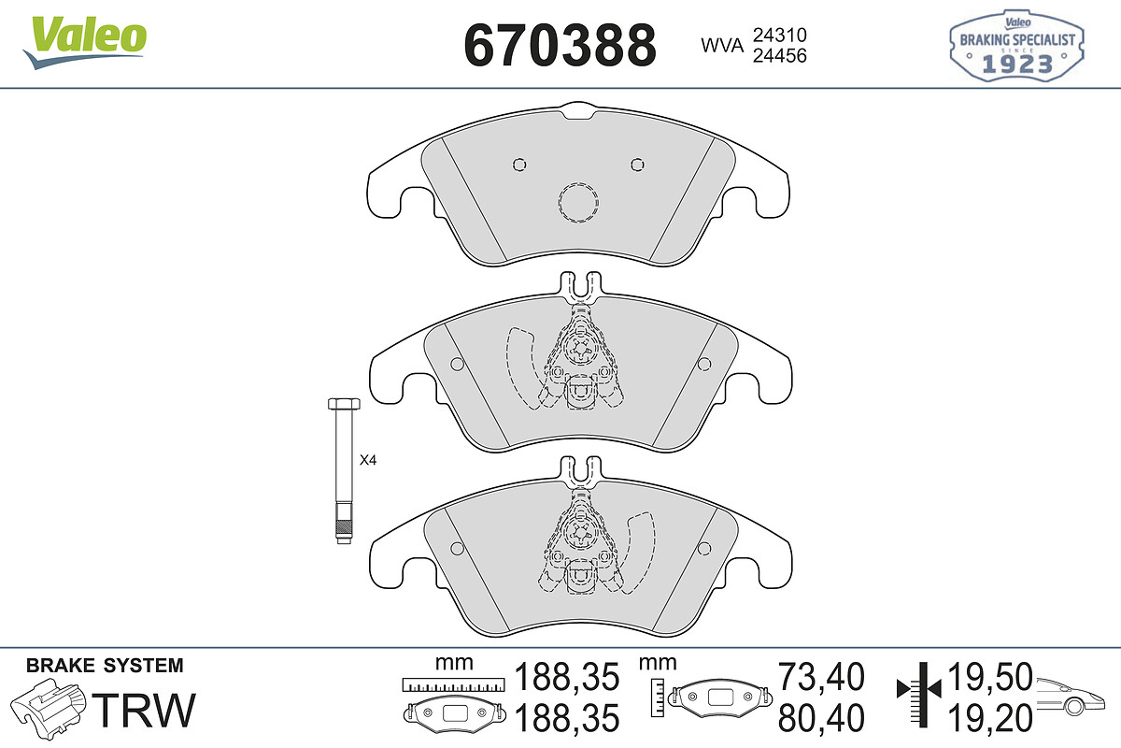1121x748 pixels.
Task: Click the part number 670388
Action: (x=560, y=46)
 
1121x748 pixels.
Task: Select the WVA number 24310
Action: (x=780, y=36)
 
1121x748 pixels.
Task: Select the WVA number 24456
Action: (x=780, y=55)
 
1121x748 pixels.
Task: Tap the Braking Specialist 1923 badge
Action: (x=1017, y=46)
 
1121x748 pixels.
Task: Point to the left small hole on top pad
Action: (x=519, y=165)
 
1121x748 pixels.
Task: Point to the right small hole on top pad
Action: (x=637, y=165)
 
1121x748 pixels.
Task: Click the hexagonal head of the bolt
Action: (x=344, y=404)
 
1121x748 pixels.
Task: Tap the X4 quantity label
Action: (x=368, y=460)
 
